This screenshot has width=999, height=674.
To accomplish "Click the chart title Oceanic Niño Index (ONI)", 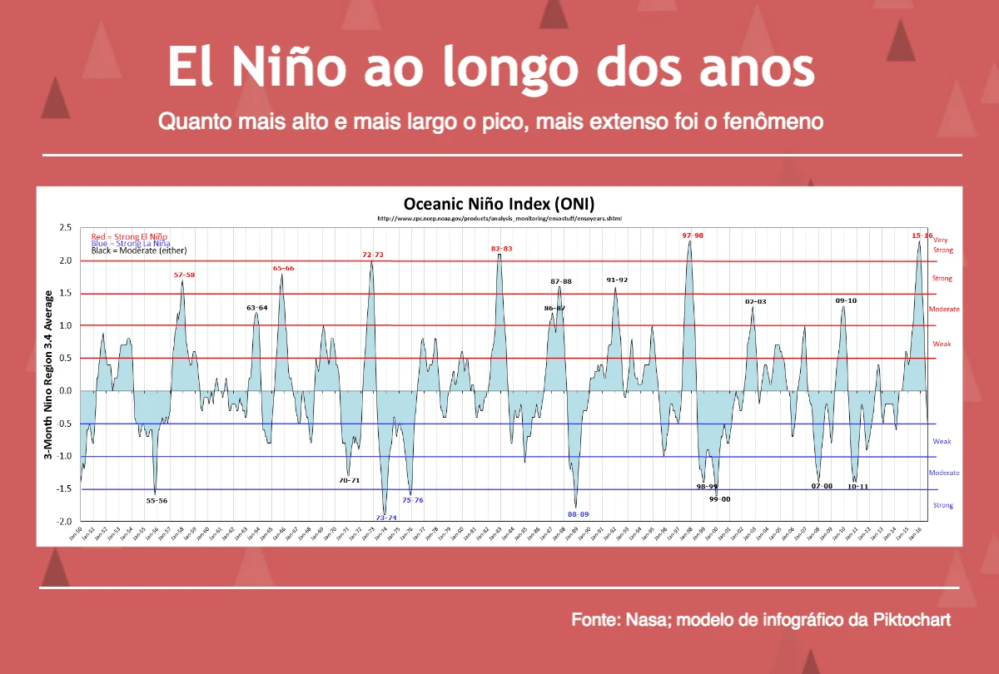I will (x=499, y=205).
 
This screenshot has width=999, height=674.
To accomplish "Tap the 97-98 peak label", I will (x=693, y=235).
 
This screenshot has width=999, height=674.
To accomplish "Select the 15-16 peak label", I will (x=922, y=235).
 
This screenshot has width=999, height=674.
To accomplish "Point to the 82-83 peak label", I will (x=501, y=249).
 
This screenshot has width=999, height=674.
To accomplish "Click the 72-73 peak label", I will (x=372, y=255).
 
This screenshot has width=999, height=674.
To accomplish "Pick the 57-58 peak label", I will (x=184, y=275).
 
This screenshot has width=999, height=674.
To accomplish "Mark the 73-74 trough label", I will (x=385, y=518).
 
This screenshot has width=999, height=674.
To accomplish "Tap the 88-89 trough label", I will (x=579, y=514).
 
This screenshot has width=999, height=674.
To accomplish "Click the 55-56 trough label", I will (x=157, y=501).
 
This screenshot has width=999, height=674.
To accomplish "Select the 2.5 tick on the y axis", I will (x=64, y=228).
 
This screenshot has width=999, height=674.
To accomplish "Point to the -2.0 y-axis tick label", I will (x=62, y=522).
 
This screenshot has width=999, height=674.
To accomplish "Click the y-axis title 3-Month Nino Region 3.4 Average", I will (x=49, y=374).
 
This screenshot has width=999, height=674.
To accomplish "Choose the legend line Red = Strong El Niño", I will (x=129, y=237).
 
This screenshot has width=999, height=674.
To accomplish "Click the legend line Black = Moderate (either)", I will (x=138, y=250).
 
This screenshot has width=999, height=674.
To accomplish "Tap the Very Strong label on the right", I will (x=942, y=245).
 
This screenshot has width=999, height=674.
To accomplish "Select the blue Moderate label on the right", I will (x=944, y=473).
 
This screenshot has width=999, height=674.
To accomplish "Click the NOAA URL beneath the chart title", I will (x=499, y=219).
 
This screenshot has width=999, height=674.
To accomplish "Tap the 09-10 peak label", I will (x=846, y=300).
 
